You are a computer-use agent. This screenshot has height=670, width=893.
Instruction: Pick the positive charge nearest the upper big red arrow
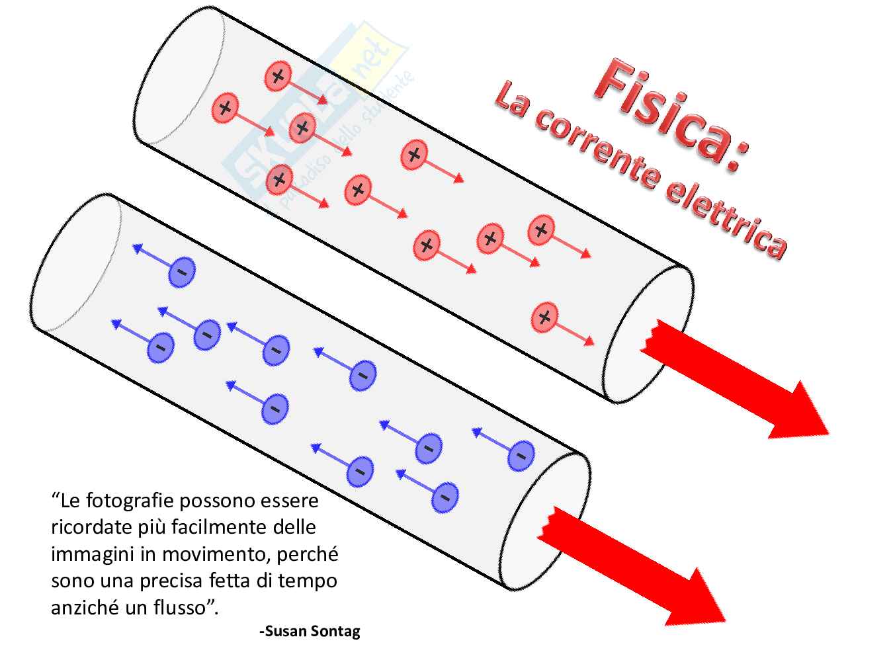[x=544, y=317]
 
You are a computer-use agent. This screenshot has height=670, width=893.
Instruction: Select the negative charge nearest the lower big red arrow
[x=521, y=455]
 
